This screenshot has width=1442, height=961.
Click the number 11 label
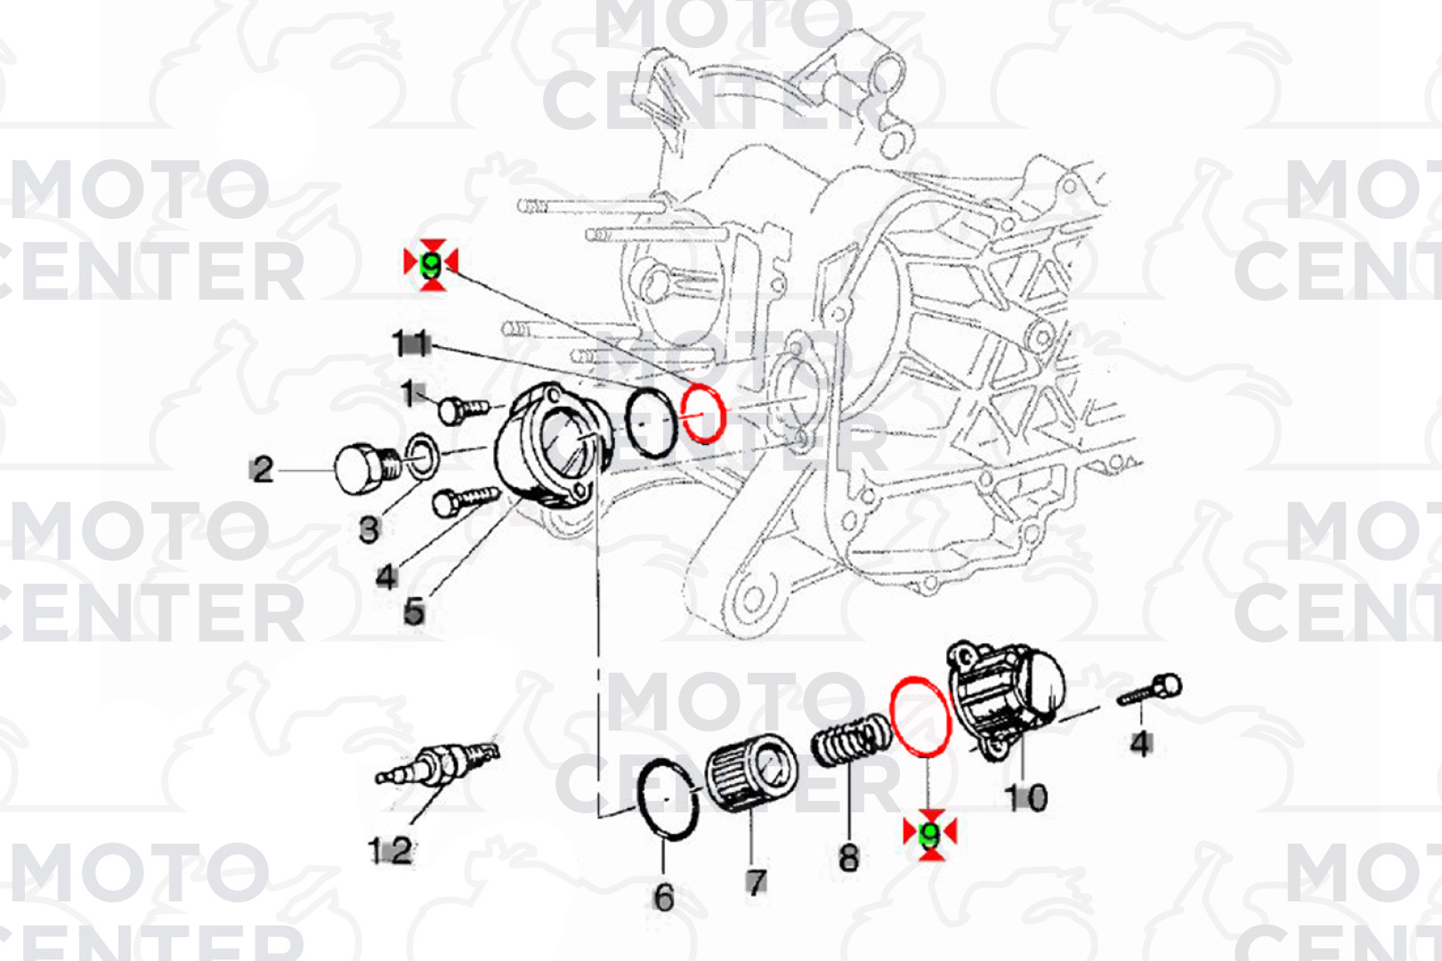coord(411,343)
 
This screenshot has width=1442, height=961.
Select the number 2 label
coord(263,469)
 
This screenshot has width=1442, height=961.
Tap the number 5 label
coord(414,611)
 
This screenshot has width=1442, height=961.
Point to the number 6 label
coord(664,897)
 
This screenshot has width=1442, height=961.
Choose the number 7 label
coord(756,882)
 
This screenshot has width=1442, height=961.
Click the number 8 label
coord(849,858)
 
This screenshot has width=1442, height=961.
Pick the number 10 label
coord(1025,797)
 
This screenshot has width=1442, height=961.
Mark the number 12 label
coord(391,851)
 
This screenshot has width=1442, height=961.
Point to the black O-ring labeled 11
coord(652,422)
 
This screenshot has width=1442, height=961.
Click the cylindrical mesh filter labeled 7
coord(752,771)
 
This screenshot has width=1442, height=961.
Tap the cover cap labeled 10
coord(1006,699)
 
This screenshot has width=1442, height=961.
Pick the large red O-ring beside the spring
coord(921,716)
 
